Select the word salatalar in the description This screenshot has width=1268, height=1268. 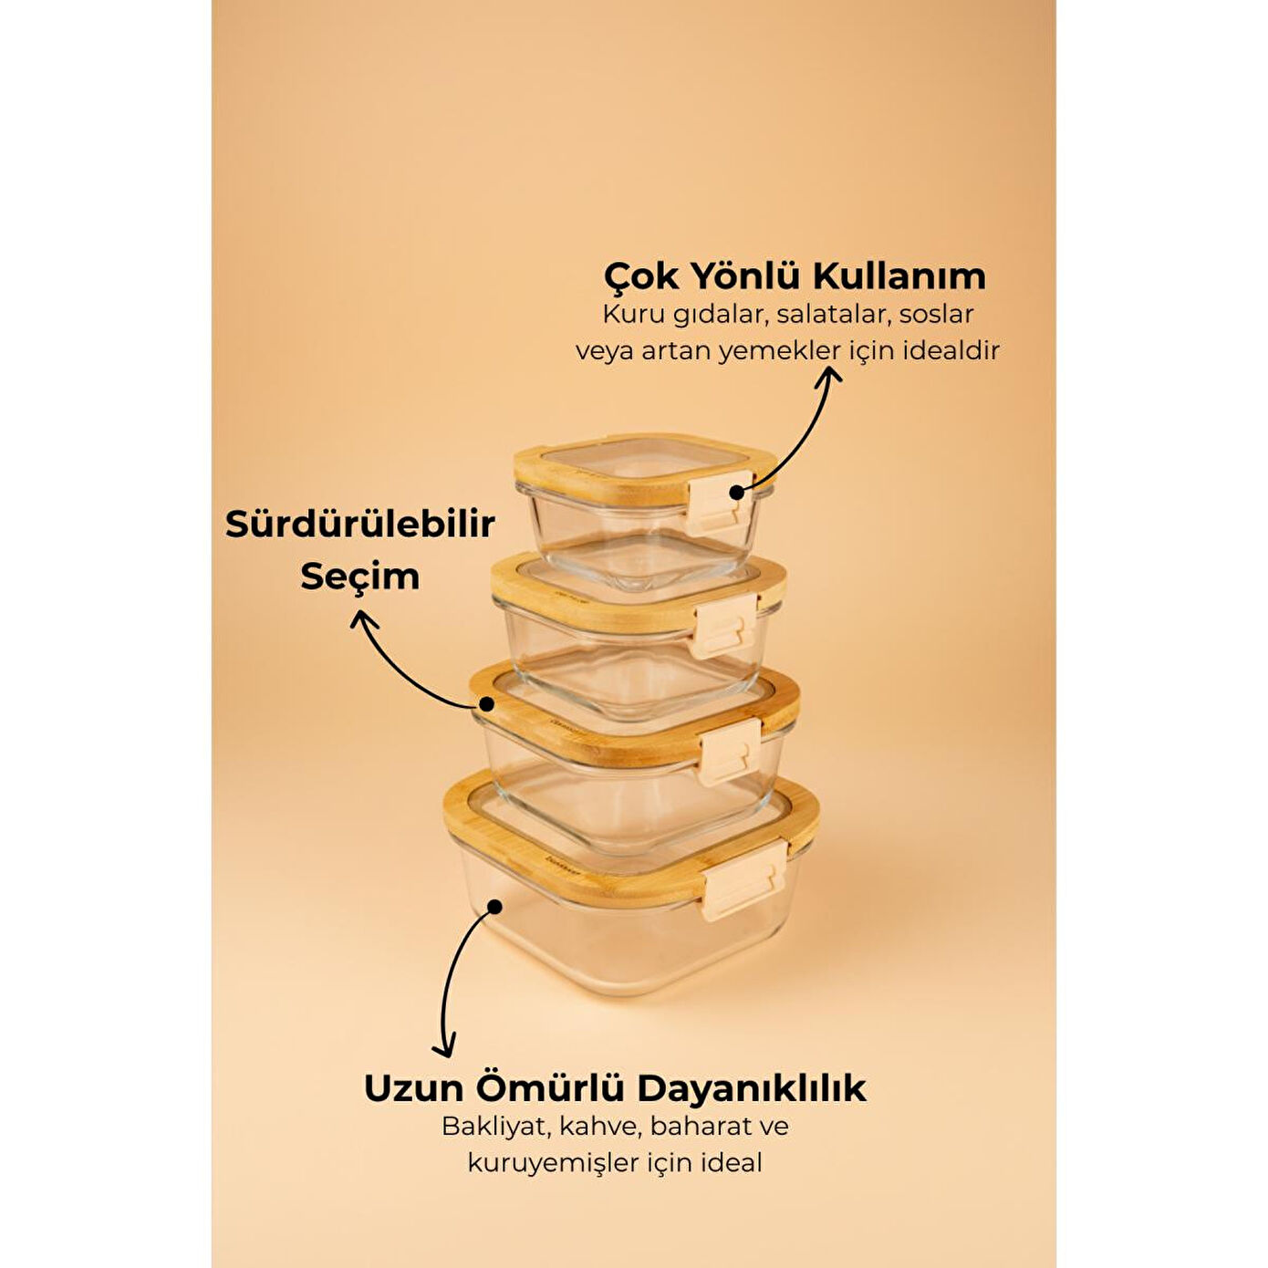(x=831, y=315)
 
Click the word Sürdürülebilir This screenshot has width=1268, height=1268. (x=360, y=525)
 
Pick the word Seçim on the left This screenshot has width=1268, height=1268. (x=360, y=577)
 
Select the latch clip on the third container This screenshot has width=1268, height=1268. (x=730, y=751)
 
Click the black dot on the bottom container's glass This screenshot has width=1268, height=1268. (x=494, y=907)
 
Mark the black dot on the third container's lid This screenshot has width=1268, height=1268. (x=486, y=704)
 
